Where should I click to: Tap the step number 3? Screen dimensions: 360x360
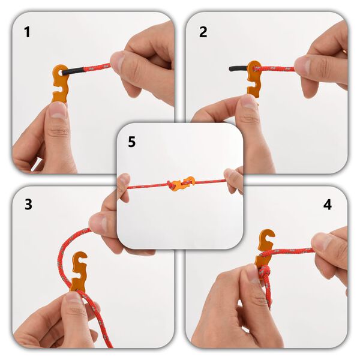coord(28,204)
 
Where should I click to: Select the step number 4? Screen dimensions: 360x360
coord(327,205)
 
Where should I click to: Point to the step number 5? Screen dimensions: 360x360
coord(132,142)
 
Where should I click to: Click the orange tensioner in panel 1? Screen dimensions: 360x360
coord(60,83)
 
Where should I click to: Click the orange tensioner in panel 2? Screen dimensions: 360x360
coord(254,78)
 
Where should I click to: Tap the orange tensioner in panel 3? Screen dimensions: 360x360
coord(79,273)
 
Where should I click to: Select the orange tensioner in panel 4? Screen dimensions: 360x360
coord(264,249)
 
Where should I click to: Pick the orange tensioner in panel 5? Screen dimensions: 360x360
coord(181,184)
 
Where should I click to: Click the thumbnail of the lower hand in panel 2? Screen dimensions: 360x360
coord(248,103)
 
